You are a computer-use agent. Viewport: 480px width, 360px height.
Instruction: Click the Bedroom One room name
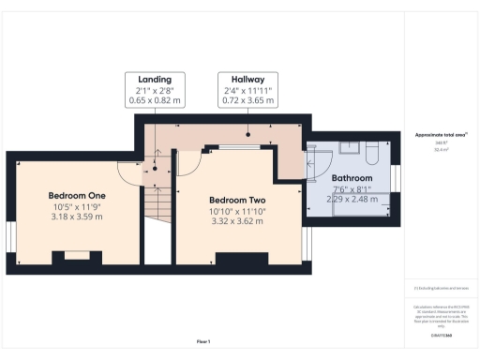[77, 196]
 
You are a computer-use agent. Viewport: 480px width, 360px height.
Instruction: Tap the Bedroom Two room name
[238, 200]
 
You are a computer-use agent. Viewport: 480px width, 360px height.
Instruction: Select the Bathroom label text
[351, 177]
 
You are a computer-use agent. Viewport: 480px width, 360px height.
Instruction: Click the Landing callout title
[155, 80]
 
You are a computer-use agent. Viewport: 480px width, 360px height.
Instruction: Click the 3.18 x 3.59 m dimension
[77, 217]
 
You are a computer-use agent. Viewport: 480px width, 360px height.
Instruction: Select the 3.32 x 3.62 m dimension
[238, 221]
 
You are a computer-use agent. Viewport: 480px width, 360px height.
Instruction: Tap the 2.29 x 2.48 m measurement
[352, 199]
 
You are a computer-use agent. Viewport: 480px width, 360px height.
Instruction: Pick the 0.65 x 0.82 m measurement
[155, 100]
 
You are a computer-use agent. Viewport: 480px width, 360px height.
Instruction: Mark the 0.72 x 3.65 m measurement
[247, 100]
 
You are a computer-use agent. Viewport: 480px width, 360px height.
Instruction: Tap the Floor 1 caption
[203, 341]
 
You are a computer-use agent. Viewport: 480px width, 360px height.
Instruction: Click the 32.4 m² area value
[441, 149]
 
